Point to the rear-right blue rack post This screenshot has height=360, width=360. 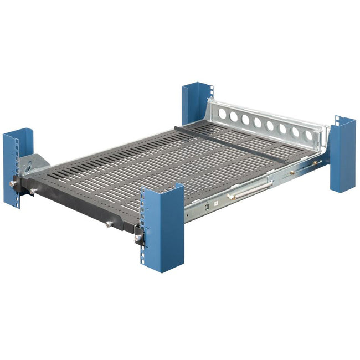point(343,155)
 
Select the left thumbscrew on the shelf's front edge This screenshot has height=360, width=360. point(34,191)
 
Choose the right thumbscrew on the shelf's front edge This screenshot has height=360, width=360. point(108,224)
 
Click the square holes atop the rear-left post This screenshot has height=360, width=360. point(210,91)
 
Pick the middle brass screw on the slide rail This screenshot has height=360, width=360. point(291,173)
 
